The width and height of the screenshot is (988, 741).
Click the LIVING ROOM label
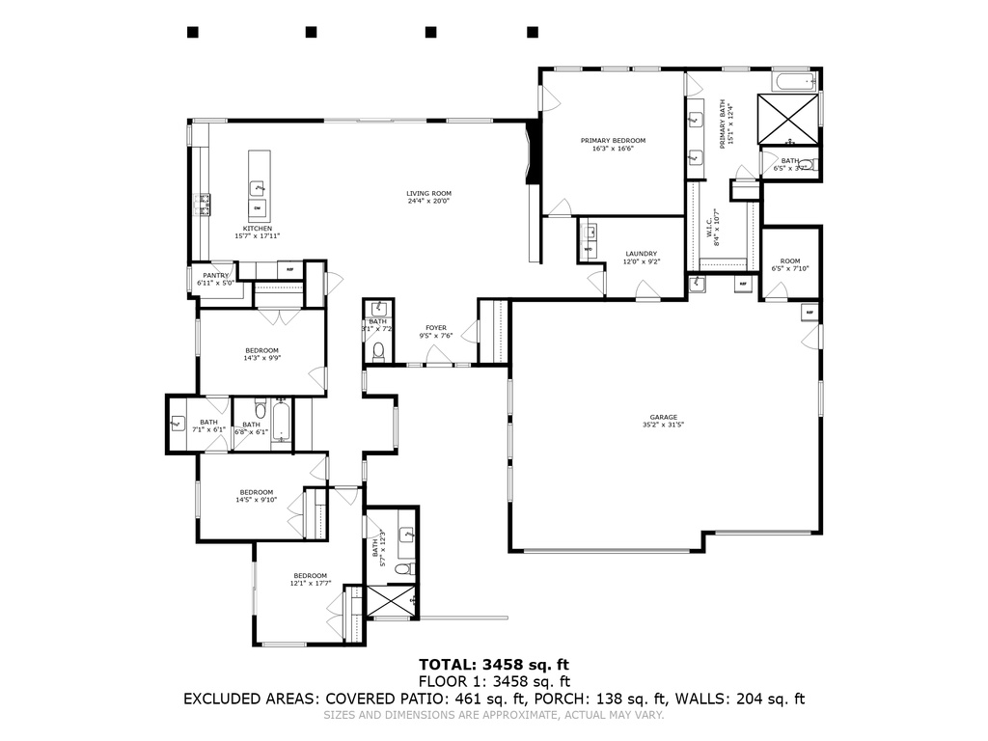[428, 198]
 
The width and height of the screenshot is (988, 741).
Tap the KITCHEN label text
[258, 232]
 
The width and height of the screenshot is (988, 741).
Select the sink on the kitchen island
[258, 187]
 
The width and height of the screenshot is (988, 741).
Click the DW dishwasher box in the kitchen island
[258, 207]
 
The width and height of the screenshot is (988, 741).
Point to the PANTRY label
[216, 279]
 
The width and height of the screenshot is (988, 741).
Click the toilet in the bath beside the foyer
[378, 351]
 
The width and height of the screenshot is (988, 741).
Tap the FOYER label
[436, 332]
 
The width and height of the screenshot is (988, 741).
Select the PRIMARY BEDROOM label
[613, 144]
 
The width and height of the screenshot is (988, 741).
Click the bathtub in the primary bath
[796, 81]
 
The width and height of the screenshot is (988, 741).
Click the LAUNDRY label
[641, 257]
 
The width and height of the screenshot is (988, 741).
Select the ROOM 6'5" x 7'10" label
[790, 264]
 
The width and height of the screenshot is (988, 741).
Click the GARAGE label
[663, 421]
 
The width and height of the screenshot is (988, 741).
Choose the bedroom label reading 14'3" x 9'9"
[261, 354]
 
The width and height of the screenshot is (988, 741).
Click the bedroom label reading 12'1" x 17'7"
[311, 579]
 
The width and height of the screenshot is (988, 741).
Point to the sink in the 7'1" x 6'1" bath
[178, 423]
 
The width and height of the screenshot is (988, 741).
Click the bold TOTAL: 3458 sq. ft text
[494, 664]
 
